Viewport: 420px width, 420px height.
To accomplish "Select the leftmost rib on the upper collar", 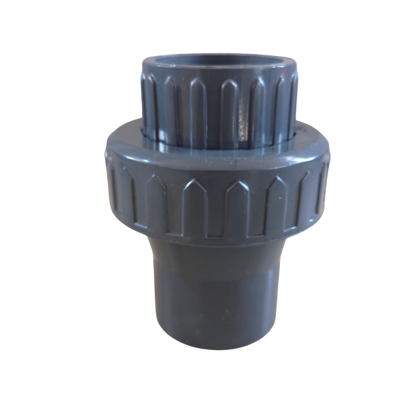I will click(x=149, y=105).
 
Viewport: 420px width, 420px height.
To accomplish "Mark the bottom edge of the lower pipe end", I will click(x=217, y=347).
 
